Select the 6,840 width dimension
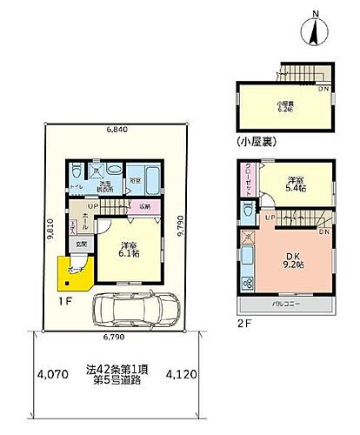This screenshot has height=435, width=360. (120, 130)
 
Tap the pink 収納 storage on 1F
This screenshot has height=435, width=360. (143, 206)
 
